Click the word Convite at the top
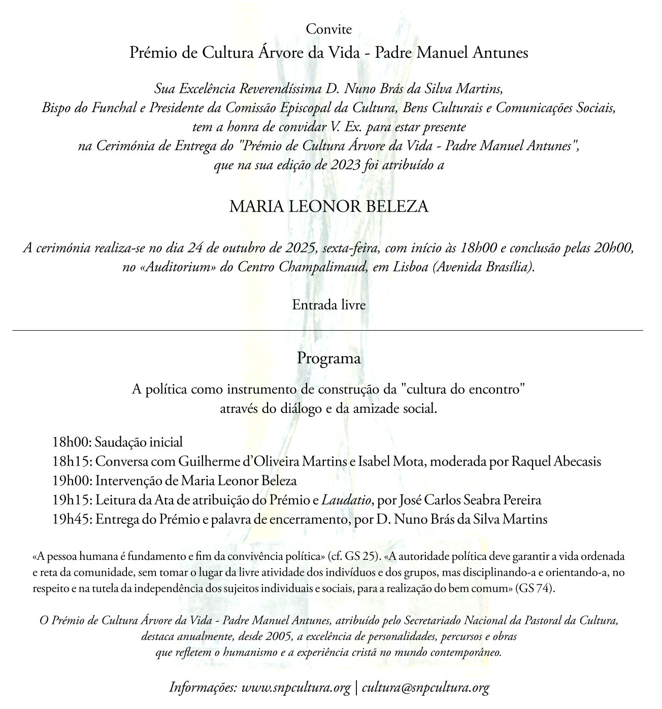328,29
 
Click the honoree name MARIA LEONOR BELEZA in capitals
328,207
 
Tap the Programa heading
328,358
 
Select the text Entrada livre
328,305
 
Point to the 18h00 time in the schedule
71,442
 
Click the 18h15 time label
71,462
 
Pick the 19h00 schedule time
71,481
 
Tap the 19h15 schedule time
71,500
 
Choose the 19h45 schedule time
71,519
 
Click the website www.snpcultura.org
295,688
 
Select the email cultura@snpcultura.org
425,688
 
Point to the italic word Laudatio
346,500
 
